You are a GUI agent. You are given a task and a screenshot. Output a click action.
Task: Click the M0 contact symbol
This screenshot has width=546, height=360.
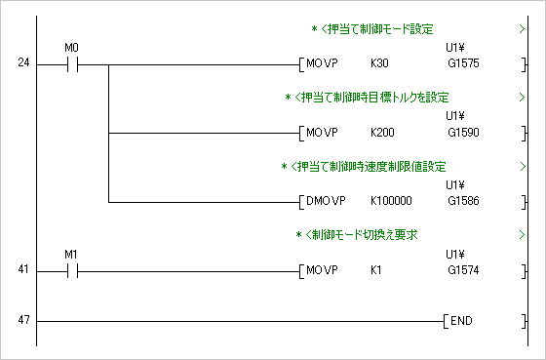70,65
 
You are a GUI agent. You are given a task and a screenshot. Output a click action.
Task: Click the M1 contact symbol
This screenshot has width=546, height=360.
70,269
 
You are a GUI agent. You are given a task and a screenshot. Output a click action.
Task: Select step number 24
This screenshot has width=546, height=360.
23,63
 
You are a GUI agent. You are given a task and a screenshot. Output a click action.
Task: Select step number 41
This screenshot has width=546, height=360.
23,268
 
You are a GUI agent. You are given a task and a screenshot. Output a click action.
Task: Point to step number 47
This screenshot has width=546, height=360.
23,320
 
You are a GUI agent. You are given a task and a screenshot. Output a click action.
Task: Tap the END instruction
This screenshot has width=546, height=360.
464,321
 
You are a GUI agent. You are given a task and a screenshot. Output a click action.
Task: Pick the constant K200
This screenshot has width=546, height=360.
383,132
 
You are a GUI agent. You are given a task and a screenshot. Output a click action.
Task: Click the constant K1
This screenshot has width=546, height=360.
377,269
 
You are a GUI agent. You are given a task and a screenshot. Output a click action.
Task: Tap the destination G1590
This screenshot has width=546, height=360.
464,132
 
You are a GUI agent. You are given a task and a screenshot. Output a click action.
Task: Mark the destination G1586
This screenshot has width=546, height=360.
464,202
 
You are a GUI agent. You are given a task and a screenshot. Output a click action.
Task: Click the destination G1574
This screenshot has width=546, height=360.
464,269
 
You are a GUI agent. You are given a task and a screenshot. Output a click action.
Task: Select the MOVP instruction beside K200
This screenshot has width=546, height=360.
321,132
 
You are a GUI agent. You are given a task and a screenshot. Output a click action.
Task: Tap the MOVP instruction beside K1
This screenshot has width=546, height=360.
321,269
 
